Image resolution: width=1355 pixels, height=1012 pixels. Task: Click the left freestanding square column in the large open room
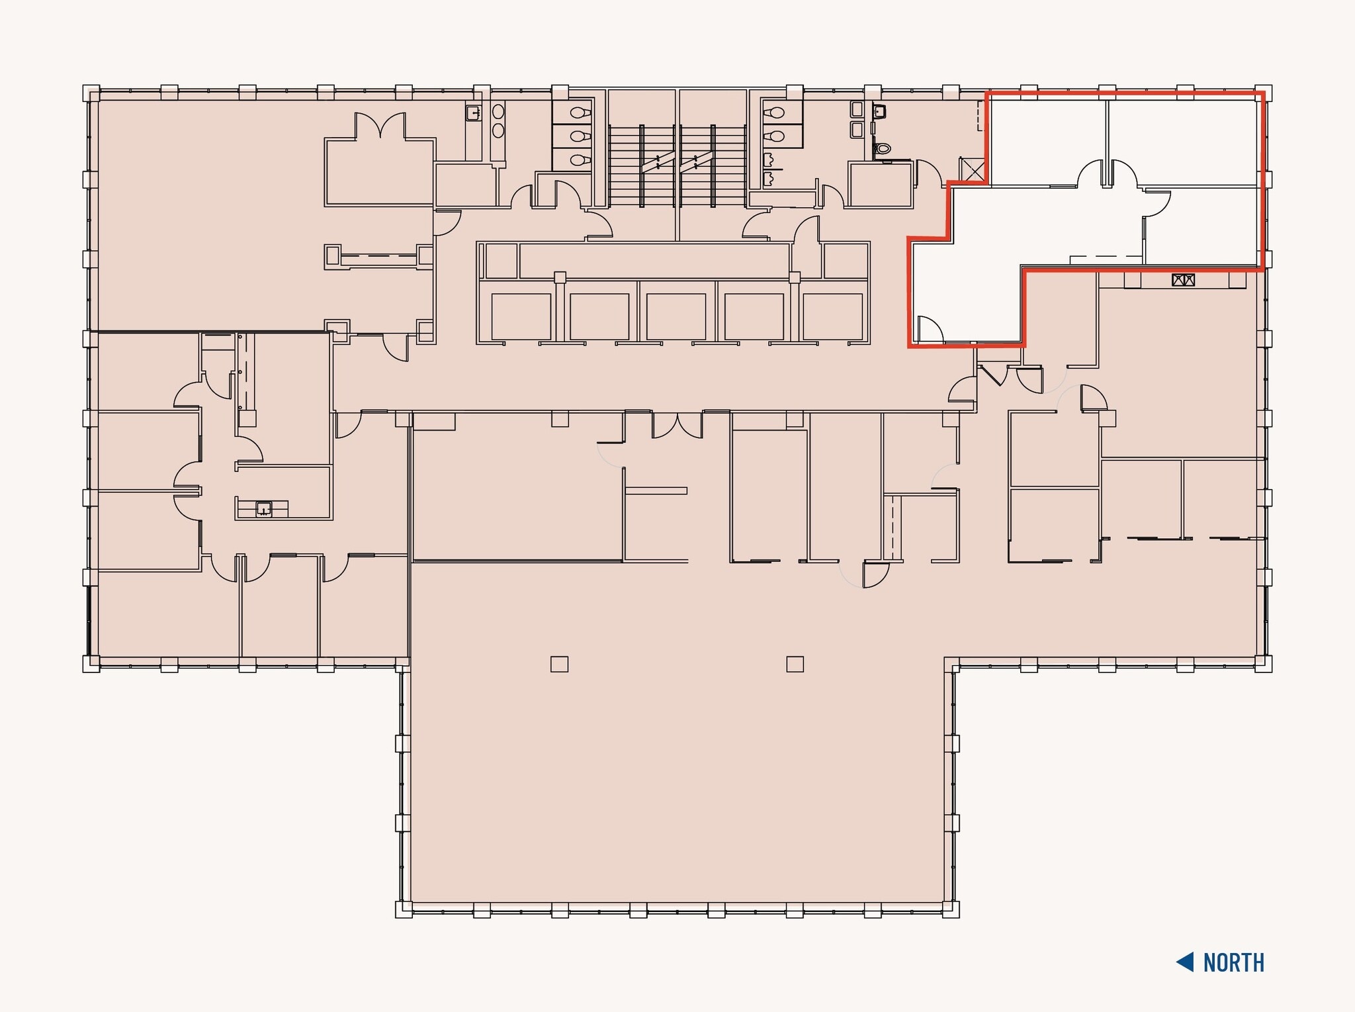559,664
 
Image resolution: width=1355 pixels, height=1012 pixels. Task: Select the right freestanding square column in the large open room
795,664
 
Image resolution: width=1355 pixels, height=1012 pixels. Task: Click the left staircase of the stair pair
641,165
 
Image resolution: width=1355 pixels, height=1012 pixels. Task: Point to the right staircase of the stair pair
714,165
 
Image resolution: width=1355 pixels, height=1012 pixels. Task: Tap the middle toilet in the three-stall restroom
580,136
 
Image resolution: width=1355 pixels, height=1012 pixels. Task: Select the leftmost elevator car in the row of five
521,316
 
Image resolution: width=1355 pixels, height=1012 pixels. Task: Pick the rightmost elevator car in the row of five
832,316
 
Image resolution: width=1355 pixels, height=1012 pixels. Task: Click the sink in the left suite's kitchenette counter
264,509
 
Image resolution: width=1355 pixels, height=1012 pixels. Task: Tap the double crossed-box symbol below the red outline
1183,280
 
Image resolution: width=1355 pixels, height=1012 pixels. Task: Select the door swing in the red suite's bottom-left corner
930,330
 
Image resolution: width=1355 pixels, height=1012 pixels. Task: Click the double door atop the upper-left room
380,125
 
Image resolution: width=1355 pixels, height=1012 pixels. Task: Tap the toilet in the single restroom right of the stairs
882,149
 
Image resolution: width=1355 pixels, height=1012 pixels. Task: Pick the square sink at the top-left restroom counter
474,113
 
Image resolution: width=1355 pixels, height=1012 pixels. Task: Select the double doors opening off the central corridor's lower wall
677,425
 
